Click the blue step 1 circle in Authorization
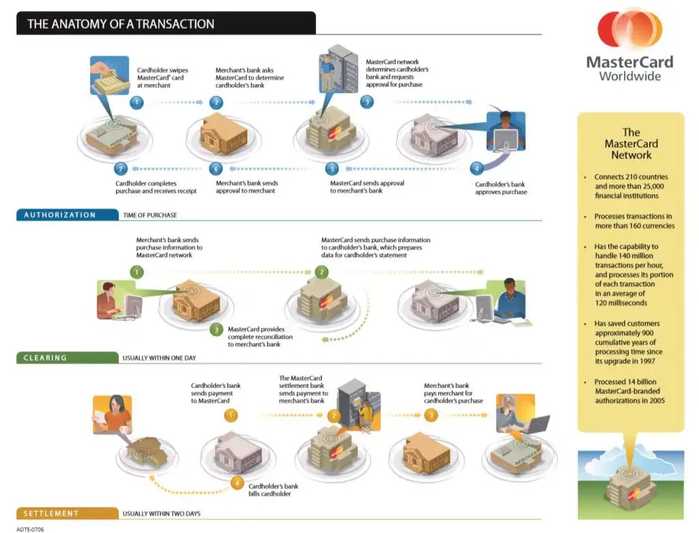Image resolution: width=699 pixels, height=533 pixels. (137, 102)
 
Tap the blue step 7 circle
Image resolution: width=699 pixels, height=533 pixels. (121, 169)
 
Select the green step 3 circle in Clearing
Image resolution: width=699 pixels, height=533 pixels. (216, 330)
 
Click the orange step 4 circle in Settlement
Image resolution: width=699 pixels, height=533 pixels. (237, 483)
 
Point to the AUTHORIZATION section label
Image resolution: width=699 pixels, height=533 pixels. (60, 215)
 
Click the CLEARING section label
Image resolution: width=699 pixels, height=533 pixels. (45, 357)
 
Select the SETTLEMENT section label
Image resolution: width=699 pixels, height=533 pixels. (51, 513)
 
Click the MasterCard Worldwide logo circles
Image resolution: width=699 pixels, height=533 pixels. (630, 29)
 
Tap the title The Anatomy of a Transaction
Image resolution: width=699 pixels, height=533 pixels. (121, 24)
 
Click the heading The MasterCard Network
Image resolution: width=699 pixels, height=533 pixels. (631, 143)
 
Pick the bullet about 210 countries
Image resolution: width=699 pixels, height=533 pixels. (630, 186)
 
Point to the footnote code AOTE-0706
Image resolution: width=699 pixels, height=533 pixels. (30, 530)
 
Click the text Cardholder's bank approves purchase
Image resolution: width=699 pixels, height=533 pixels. (500, 188)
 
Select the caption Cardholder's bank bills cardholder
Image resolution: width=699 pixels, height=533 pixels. (273, 490)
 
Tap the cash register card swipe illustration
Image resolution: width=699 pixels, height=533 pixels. (110, 75)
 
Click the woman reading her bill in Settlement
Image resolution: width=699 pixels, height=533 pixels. (113, 414)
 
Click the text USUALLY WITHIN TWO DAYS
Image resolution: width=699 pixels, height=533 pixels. (161, 514)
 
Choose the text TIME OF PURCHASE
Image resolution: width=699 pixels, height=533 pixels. (149, 215)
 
